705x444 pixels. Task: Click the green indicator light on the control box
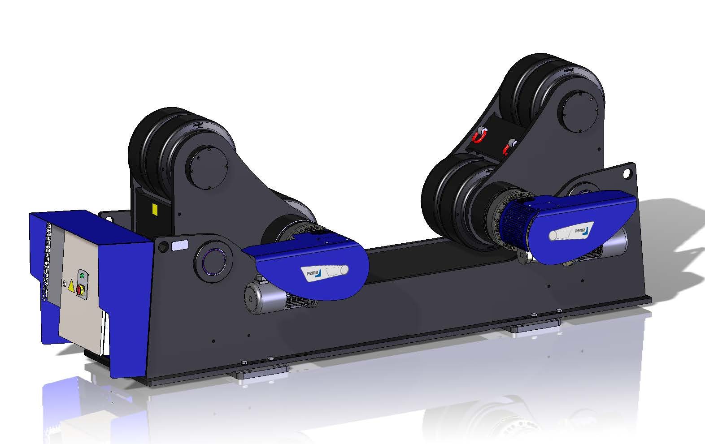coord(82,276)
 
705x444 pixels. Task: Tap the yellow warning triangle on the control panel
coord(71,286)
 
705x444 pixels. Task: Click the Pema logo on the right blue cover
coord(581,230)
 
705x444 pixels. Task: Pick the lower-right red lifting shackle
coord(509,147)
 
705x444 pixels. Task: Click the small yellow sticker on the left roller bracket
coord(155,209)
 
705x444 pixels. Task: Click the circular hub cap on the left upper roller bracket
coord(207,168)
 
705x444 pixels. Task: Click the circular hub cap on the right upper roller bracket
coord(578,111)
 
